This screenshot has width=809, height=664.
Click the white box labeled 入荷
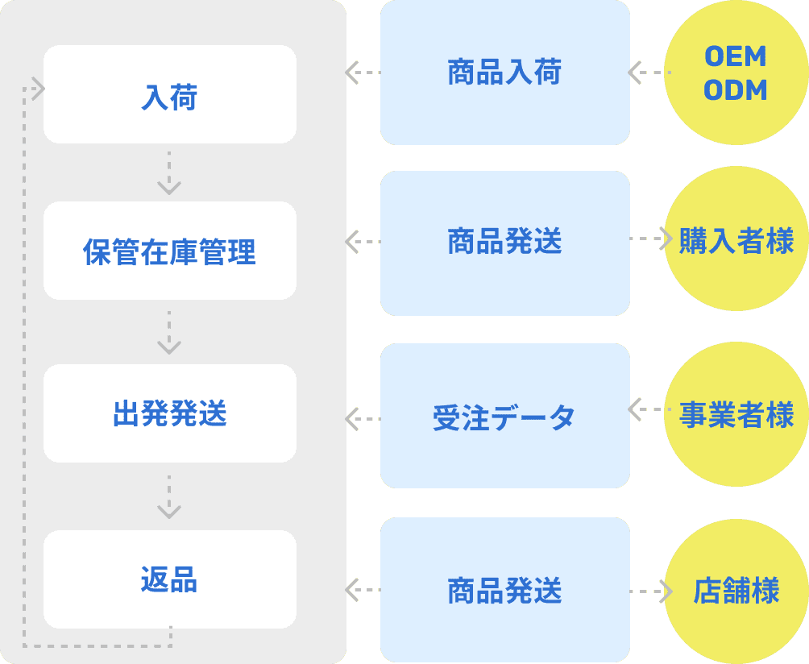point(169,94)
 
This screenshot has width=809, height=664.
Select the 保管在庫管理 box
point(169,251)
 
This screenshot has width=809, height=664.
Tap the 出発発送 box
point(169,413)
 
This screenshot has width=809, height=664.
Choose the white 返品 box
point(169,579)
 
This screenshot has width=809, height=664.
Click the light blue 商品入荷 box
point(504,73)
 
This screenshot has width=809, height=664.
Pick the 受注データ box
point(504,416)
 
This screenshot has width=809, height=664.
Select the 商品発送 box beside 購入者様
point(504,243)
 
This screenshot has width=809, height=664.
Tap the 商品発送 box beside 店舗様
point(504,590)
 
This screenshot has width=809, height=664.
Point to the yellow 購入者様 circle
point(736,240)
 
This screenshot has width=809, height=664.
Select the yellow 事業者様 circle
point(736,415)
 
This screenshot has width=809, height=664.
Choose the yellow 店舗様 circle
point(736,591)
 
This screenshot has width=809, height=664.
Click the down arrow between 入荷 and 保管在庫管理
point(169,174)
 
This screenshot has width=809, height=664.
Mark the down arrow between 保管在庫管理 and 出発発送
point(169,334)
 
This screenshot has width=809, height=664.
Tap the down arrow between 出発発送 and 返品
point(169,498)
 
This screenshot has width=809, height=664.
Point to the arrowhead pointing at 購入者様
point(666,239)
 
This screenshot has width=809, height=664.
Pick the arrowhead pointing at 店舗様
point(666,591)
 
